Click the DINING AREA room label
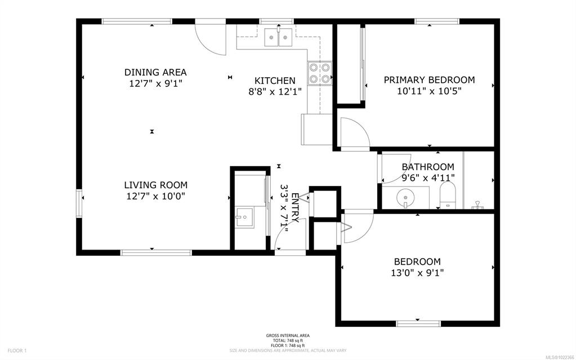[155, 72]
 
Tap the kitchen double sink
[279, 37]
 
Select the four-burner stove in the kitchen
[320, 73]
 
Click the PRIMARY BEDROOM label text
[429, 80]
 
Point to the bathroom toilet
[448, 195]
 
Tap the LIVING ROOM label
[156, 185]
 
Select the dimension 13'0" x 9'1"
[417, 273]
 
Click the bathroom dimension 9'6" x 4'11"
[428, 178]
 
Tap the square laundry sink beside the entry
[244, 218]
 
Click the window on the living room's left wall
[79, 203]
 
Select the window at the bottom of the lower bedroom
[418, 323]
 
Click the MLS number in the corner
[560, 357]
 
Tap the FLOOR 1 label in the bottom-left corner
[17, 350]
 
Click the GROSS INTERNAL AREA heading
[288, 335]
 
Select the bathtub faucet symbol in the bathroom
[477, 205]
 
